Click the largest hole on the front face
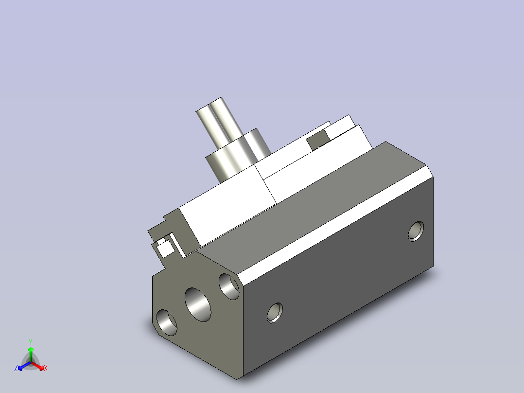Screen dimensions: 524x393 coord(198,304)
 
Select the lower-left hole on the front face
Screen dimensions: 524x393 coord(167,323)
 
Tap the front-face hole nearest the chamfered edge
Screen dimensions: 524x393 coord(229,286)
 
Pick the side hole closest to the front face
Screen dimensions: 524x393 coord(275,313)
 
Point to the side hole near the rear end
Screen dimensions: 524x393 coord(416,231)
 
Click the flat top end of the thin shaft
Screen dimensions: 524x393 coord(209,104)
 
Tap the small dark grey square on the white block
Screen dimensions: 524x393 coord(318,140)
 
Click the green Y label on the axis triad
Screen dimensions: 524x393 coord(31,342)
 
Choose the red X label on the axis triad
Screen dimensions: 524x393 coord(46,368)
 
